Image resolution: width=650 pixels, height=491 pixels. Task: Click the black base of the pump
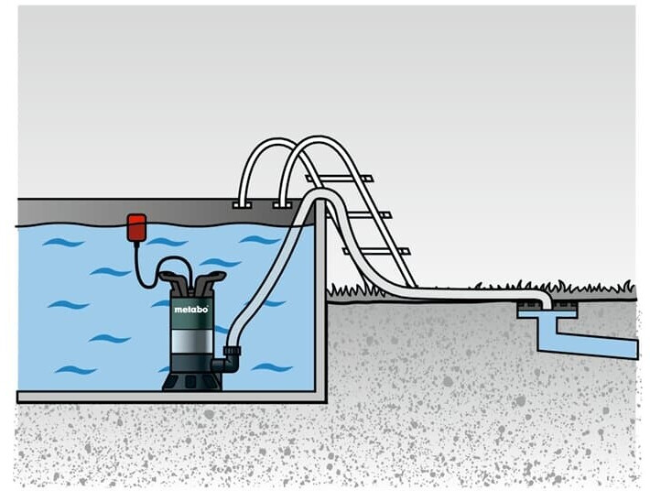click(190, 378)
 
